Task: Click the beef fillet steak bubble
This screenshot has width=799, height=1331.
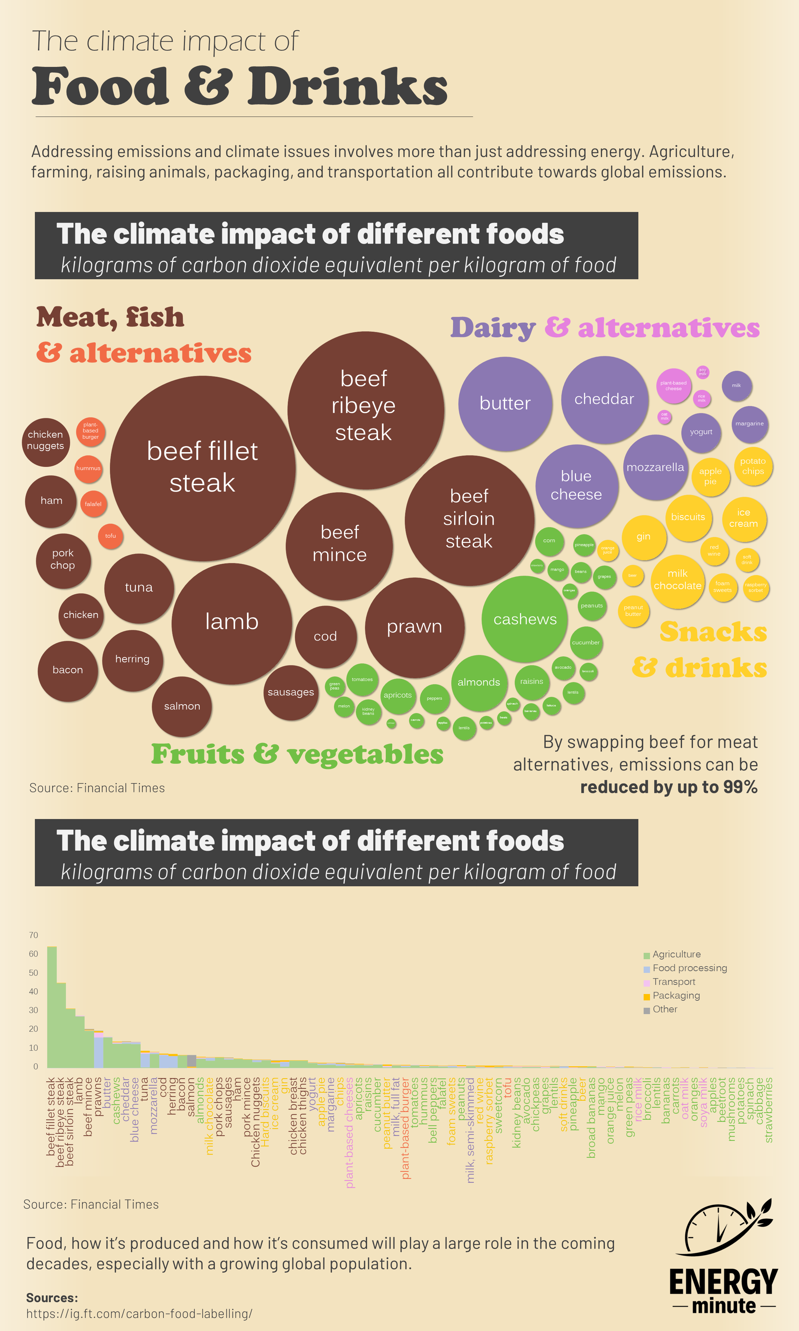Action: [x=203, y=468]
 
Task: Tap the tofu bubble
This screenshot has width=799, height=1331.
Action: [x=110, y=536]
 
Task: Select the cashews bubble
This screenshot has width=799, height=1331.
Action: [x=525, y=619]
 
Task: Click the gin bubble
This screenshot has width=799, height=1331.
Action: [x=643, y=537]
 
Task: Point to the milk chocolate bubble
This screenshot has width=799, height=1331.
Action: [x=677, y=581]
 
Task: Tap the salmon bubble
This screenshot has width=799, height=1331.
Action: [x=182, y=706]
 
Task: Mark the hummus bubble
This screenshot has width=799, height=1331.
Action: [x=88, y=468]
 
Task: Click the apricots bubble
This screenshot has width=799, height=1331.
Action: [x=397, y=695]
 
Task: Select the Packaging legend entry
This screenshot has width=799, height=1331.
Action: [x=676, y=995]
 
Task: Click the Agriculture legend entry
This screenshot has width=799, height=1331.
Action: [x=676, y=954]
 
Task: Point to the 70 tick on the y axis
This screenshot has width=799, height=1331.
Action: [x=33, y=935]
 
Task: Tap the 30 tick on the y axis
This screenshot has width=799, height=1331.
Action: [x=33, y=1010]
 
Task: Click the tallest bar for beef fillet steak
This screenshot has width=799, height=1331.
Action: [x=52, y=1006]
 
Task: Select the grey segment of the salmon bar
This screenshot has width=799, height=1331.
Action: [x=191, y=1060]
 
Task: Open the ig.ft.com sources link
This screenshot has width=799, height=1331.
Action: [x=139, y=1313]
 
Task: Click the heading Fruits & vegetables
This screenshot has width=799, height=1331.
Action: [x=297, y=754]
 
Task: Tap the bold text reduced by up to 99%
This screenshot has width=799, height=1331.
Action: [x=668, y=787]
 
